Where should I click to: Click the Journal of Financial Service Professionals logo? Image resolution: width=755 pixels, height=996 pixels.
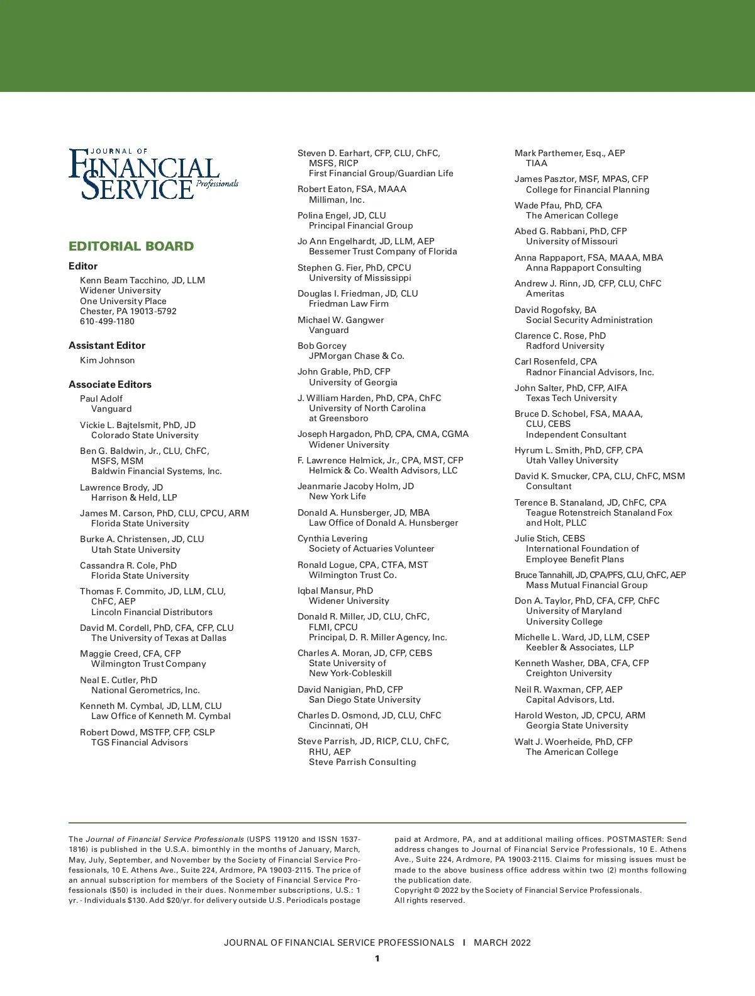point(153,174)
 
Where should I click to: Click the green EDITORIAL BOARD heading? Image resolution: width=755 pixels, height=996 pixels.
point(131,246)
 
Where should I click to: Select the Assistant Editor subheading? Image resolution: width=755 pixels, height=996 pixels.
point(107,345)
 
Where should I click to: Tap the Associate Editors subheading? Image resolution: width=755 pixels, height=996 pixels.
point(110,384)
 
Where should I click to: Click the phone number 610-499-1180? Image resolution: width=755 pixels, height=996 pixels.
point(107,321)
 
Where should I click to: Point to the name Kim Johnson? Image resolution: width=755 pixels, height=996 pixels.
point(107,360)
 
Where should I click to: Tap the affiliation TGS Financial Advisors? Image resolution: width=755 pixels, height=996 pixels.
point(140,742)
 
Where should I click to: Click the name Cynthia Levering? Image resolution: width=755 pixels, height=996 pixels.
point(332,538)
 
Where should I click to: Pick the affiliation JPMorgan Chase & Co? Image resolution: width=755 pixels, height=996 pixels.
point(357,356)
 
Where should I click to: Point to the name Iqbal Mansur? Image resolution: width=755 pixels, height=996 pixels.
point(325,591)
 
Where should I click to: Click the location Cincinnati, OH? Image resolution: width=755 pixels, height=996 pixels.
point(338,725)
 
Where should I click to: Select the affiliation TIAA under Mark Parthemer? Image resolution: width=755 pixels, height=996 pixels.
point(537,163)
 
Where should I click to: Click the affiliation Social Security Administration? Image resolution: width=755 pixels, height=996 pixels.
point(589,320)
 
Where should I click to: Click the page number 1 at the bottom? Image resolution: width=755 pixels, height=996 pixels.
point(377,958)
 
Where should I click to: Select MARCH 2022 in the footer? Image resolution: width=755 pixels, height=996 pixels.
point(502,942)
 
